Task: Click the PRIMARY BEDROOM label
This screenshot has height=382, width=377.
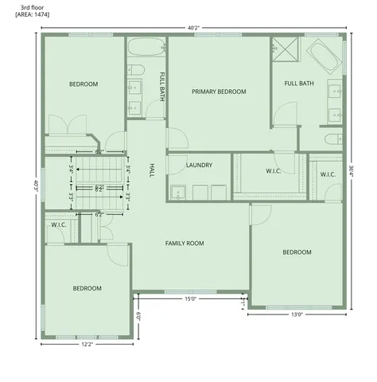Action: click(x=219, y=92)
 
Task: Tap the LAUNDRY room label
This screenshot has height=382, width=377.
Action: click(x=199, y=166)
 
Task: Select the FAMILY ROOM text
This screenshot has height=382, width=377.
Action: click(x=185, y=243)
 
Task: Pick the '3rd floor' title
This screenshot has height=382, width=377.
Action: click(x=32, y=6)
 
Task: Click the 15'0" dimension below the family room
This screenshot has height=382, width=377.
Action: click(x=191, y=299)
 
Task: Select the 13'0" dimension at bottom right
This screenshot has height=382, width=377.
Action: click(x=297, y=314)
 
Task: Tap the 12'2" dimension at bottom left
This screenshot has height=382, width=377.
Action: click(x=87, y=345)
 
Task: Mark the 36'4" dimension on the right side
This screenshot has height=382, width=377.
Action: click(x=352, y=172)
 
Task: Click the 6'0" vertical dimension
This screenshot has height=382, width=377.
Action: click(x=138, y=315)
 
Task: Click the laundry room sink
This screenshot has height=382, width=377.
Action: click(x=179, y=192)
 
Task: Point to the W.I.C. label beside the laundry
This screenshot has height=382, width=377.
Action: click(x=273, y=171)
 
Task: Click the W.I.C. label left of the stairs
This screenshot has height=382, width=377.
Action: click(x=58, y=225)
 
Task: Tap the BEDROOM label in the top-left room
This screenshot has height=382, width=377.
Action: click(x=83, y=84)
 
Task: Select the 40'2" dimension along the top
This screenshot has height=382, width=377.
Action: click(x=193, y=27)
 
